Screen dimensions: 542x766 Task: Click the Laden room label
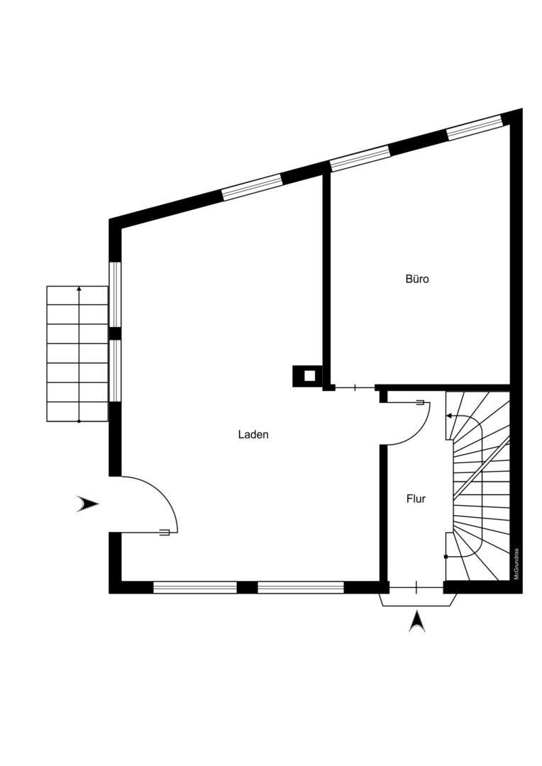click(253, 434)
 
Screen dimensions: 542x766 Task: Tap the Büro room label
click(417, 279)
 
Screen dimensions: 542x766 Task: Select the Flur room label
click(416, 499)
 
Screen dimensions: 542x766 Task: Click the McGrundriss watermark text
click(516, 564)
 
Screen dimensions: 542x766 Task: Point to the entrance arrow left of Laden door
click(88, 504)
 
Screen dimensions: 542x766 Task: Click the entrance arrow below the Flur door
click(416, 621)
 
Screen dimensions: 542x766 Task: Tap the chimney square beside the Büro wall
click(307, 376)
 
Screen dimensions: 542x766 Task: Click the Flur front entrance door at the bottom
click(416, 587)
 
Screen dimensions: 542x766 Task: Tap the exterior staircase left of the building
click(77, 353)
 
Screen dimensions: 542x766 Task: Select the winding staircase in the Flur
click(478, 486)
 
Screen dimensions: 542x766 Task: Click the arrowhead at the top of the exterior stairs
click(79, 289)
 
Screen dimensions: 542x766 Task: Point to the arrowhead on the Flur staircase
click(448, 417)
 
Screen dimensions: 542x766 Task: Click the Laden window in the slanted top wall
click(252, 188)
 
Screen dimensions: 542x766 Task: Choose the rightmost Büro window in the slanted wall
click(475, 128)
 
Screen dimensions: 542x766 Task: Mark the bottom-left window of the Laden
click(195, 587)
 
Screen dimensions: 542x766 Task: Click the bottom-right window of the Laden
click(301, 587)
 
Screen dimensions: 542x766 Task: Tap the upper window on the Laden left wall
click(114, 294)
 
